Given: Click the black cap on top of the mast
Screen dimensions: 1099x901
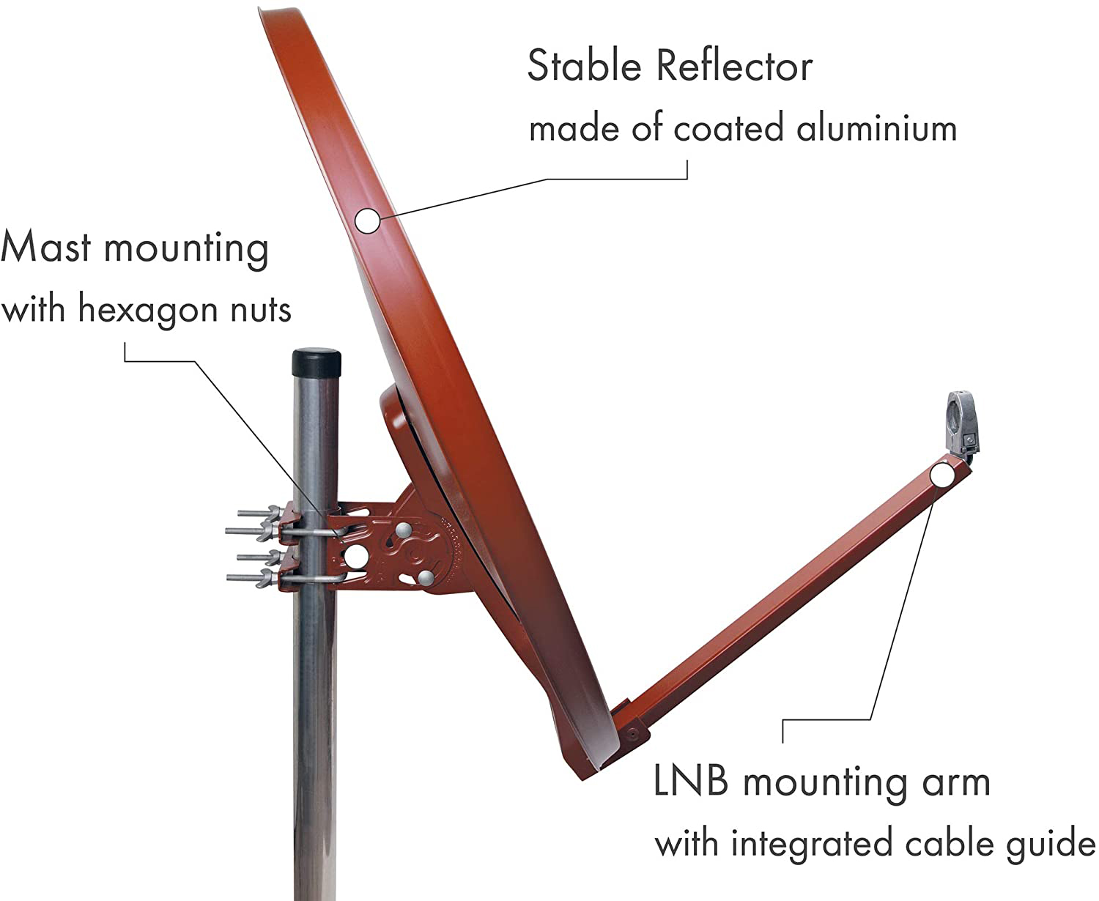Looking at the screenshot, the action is [x=317, y=363].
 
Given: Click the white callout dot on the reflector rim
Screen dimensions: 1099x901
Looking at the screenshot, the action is [x=367, y=220].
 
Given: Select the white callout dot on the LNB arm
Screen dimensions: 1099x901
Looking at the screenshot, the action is [x=943, y=475].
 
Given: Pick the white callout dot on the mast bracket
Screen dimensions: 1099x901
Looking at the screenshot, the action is [x=356, y=557].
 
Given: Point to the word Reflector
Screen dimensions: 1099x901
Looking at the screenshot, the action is [x=734, y=66].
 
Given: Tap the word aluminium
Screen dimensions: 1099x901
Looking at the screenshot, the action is [x=876, y=128].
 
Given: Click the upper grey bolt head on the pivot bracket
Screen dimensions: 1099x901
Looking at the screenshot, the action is [x=403, y=531].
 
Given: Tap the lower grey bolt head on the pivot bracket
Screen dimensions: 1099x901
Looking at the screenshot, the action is [x=426, y=577].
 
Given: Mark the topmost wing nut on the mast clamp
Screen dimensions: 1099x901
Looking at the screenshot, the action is [x=273, y=512].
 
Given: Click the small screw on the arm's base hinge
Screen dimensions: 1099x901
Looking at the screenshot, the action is [x=632, y=733].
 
